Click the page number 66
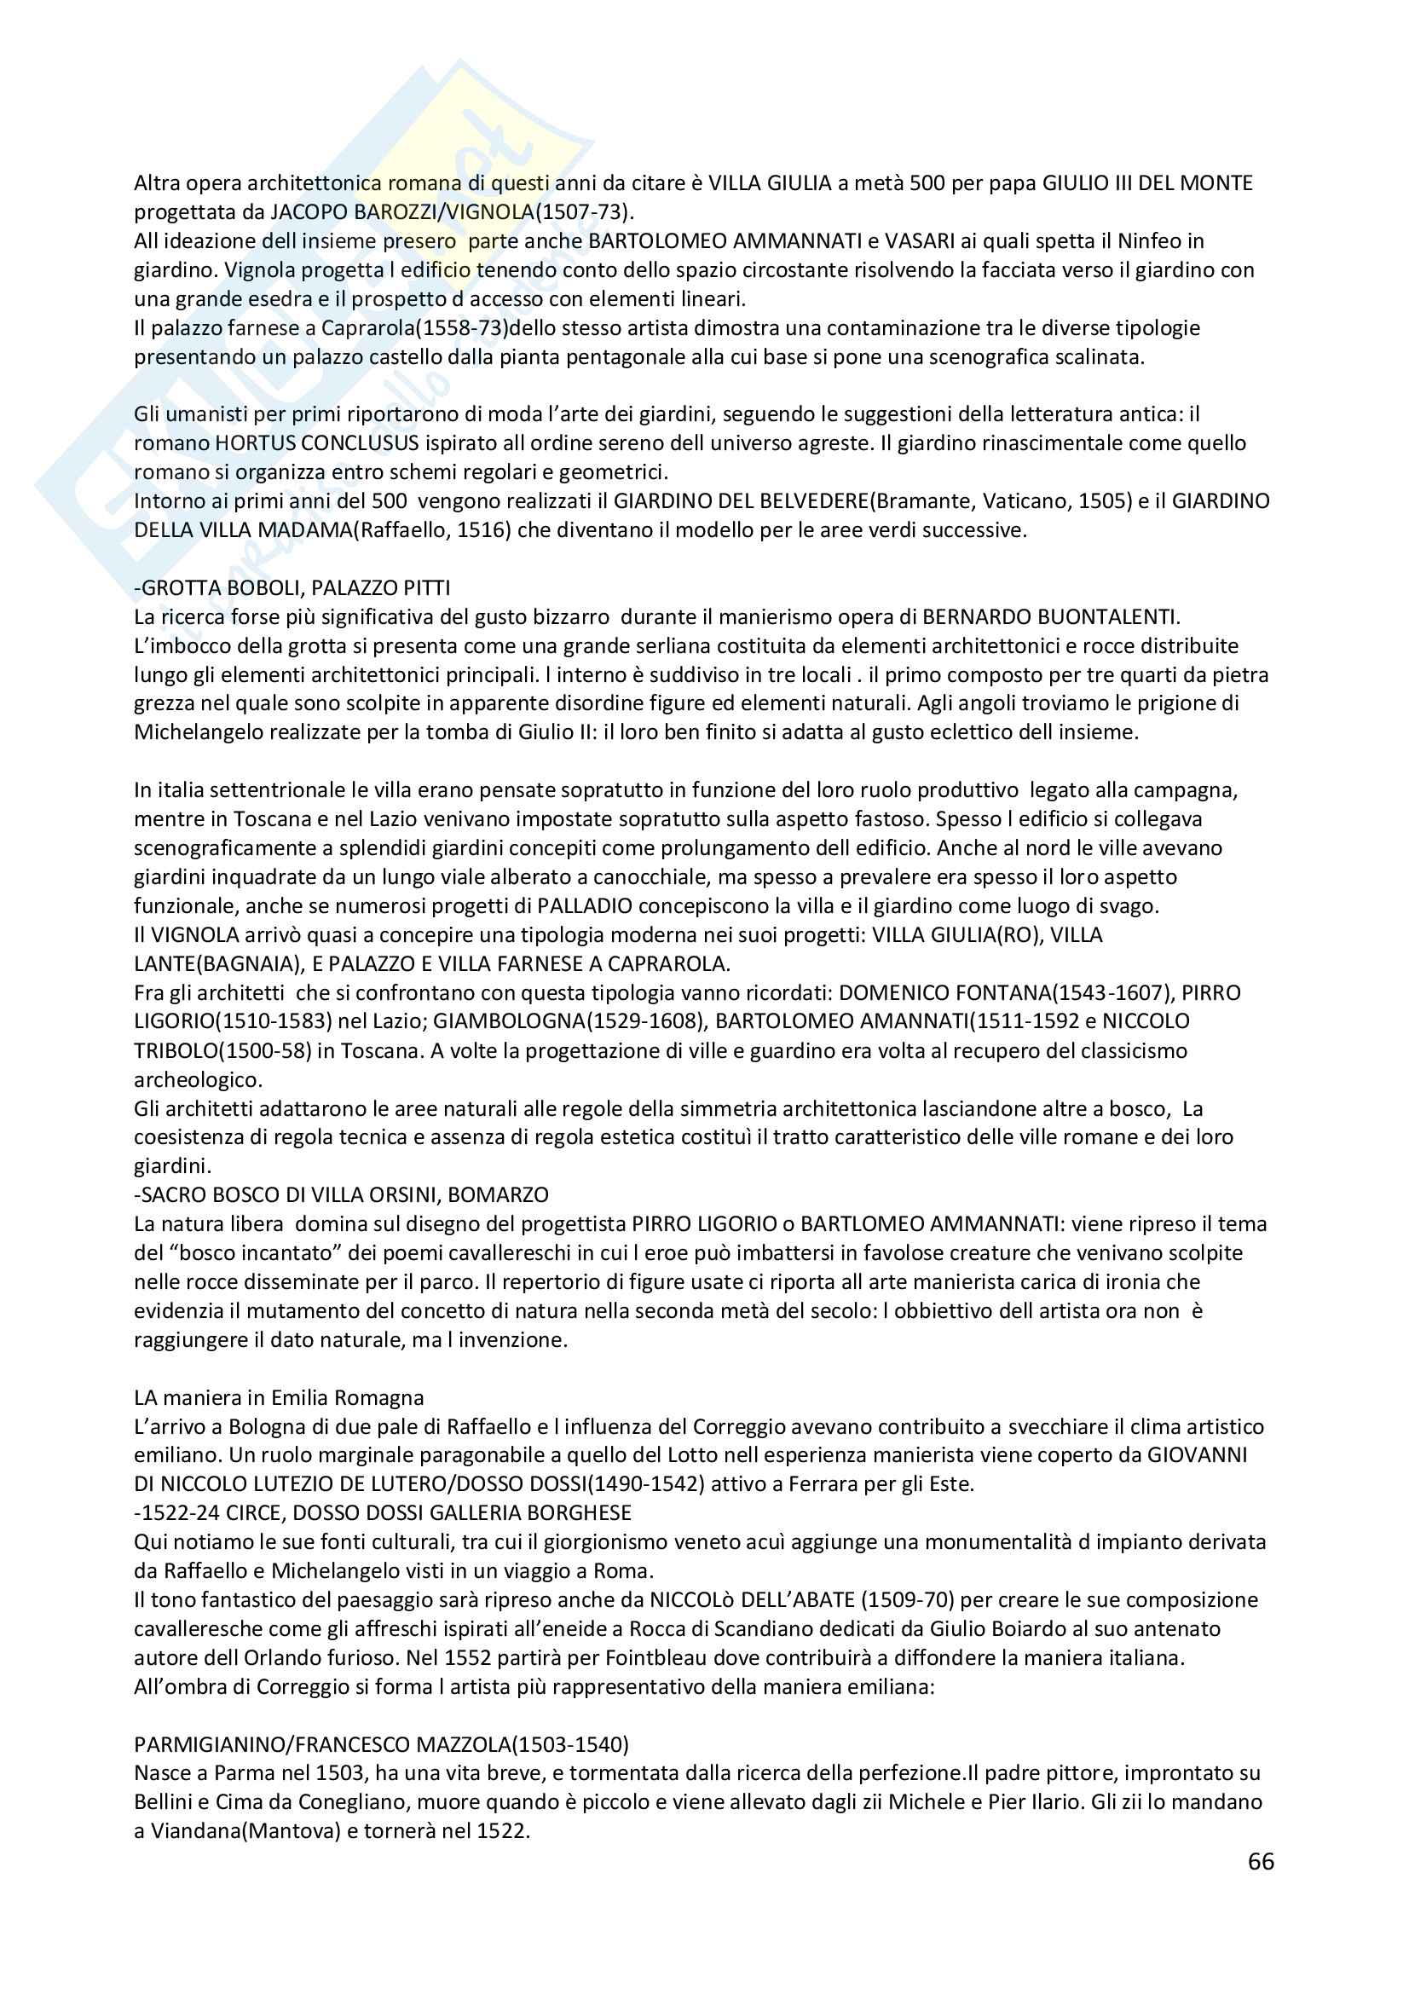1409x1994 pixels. coord(1261,1861)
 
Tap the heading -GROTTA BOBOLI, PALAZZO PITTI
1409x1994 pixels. coord(292,588)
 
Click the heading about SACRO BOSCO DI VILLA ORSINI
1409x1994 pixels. coord(341,1194)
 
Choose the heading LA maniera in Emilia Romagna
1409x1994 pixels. coord(279,1397)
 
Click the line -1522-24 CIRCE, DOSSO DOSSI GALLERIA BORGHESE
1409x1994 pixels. coord(382,1512)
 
